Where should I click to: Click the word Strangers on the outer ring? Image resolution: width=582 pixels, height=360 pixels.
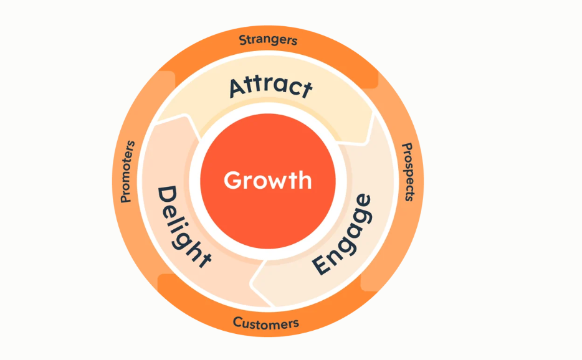tap(269, 40)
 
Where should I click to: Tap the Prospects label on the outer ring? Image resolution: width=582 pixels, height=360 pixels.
tap(408, 172)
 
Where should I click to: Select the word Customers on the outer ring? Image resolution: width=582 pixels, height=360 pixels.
tap(266, 323)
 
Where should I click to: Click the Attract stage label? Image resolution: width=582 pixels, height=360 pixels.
tap(270, 87)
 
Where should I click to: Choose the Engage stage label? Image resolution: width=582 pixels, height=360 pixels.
tap(342, 234)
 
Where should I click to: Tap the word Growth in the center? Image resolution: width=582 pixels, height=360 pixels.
tap(267, 181)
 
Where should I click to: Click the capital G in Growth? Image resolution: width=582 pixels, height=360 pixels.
tap(232, 181)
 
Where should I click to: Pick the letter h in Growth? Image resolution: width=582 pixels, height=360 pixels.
tap(304, 179)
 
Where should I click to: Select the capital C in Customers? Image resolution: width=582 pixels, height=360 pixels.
tap(237, 322)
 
